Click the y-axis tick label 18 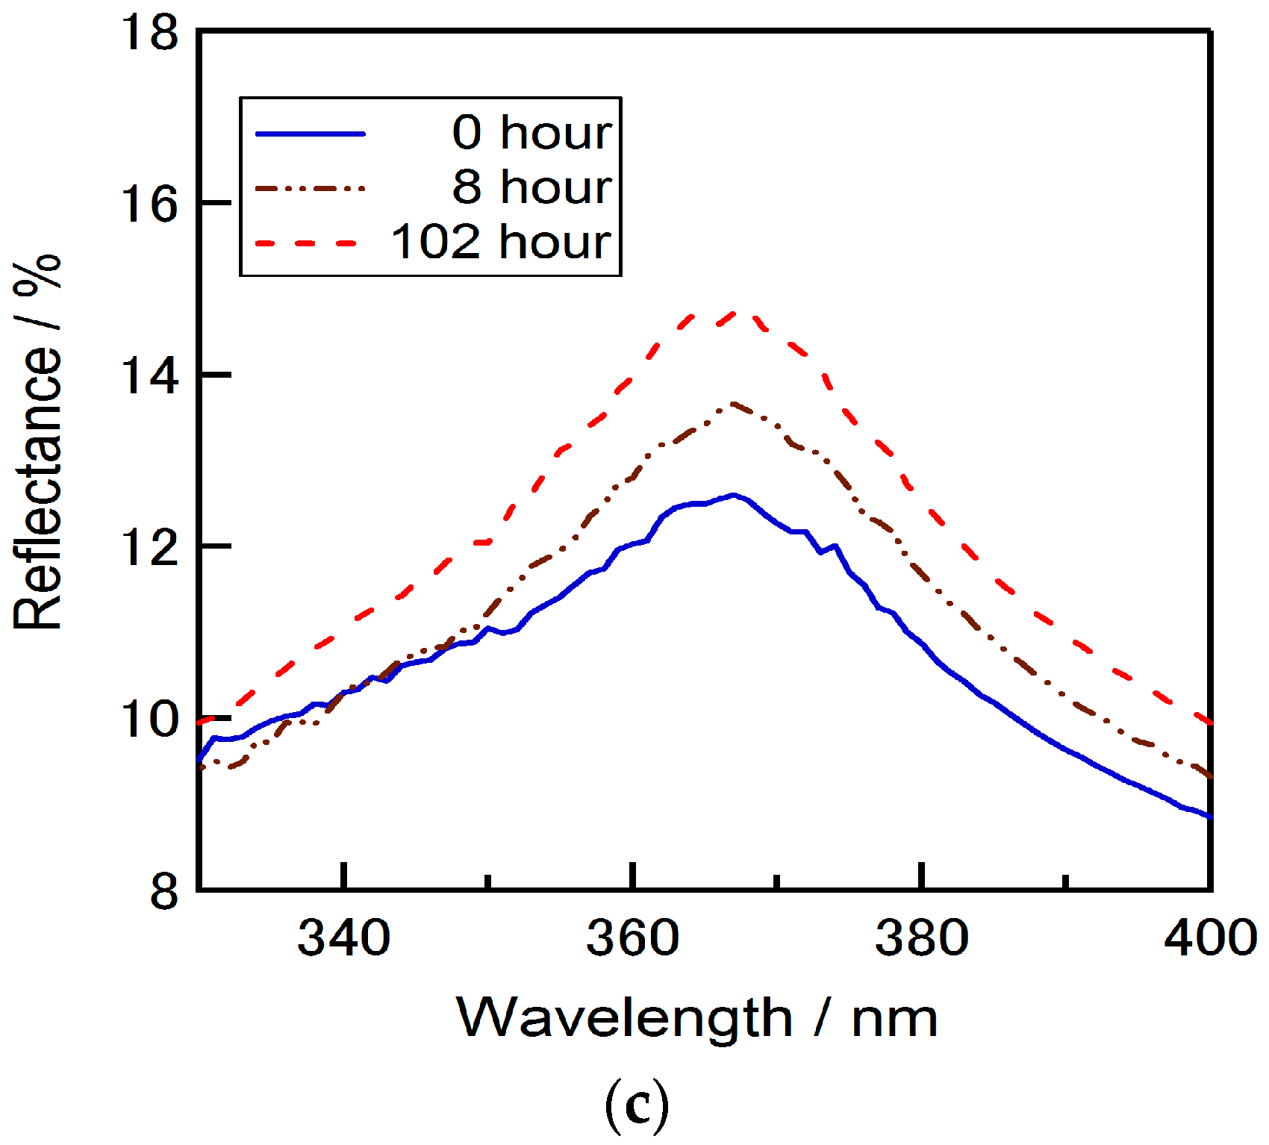pyautogui.click(x=152, y=34)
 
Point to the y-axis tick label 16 pyautogui.click(x=152, y=203)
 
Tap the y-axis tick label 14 pyautogui.click(x=152, y=375)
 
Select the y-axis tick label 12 pyautogui.click(x=152, y=546)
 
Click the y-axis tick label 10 pyautogui.click(x=152, y=719)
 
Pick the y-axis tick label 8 pyautogui.click(x=164, y=890)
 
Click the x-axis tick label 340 pyautogui.click(x=343, y=937)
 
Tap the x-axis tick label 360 pyautogui.click(x=632, y=937)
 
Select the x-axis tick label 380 pyautogui.click(x=922, y=937)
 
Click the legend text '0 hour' pyautogui.click(x=532, y=133)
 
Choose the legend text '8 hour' pyautogui.click(x=532, y=187)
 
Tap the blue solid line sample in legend pyautogui.click(x=311, y=134)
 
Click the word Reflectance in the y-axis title pyautogui.click(x=37, y=489)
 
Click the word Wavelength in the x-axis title pyautogui.click(x=624, y=1017)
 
